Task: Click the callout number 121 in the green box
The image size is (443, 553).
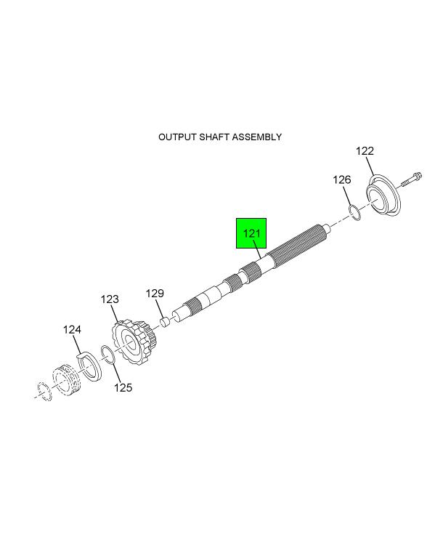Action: (x=251, y=233)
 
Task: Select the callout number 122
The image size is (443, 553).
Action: (x=365, y=151)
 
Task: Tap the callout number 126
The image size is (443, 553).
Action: (x=342, y=180)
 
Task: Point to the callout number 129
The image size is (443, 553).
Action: (x=155, y=294)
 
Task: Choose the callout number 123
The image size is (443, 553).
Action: (x=110, y=299)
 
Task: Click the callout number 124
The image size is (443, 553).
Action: (x=72, y=330)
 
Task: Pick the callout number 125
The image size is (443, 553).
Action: (x=123, y=387)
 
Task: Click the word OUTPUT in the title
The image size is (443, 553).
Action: (x=177, y=137)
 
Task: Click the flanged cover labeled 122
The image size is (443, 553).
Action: (x=383, y=195)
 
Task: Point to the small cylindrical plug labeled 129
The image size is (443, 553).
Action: (x=166, y=323)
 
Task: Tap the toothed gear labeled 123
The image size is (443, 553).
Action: (x=134, y=342)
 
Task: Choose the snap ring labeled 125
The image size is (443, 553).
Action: (x=107, y=355)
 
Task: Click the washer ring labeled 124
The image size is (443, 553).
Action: (x=89, y=366)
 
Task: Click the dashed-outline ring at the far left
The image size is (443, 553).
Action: (x=45, y=391)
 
